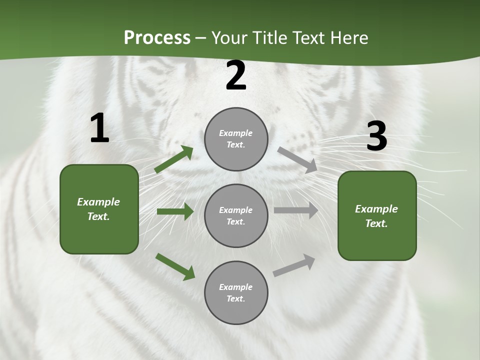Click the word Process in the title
point(157,38)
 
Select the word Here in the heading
point(349,38)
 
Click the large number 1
point(99,128)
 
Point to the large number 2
point(236,76)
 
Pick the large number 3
point(376,136)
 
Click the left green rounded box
point(99,209)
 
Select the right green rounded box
point(377,215)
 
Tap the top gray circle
point(236,139)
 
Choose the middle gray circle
point(236,216)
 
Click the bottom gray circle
point(236,292)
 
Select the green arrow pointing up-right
point(174,159)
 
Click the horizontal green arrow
point(175,211)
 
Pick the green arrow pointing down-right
point(175,266)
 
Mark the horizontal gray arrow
point(296,210)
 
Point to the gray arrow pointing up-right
point(294,265)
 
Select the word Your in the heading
point(229,38)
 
